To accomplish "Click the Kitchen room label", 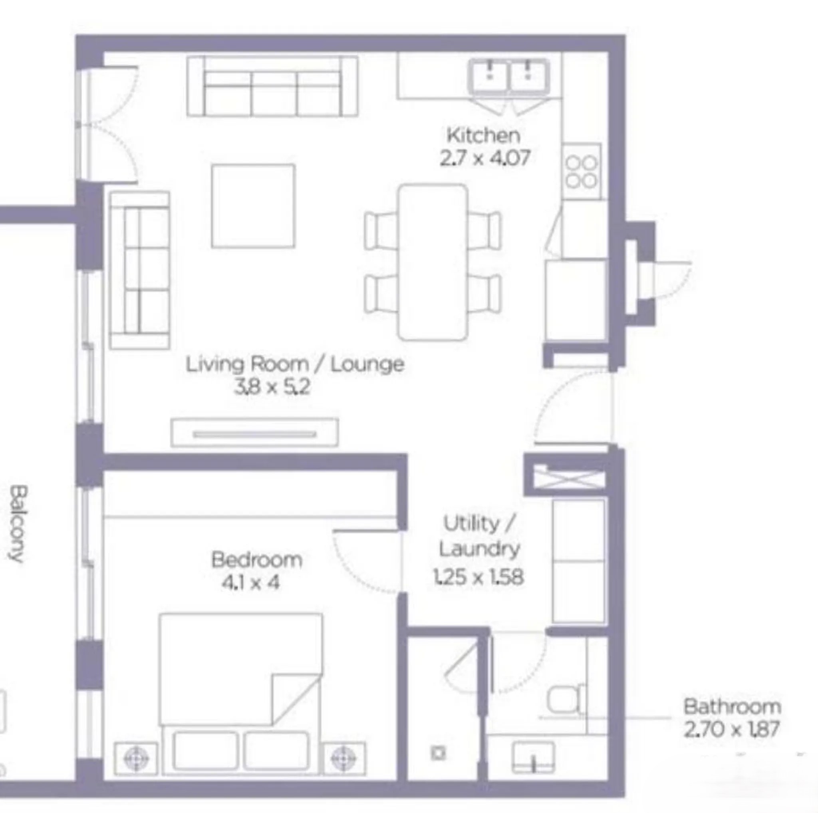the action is point(484,135).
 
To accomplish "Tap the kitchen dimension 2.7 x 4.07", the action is point(485,158).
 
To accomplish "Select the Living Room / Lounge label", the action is point(295,364).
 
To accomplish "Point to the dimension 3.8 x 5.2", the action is point(272,387).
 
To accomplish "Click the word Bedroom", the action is point(256,560).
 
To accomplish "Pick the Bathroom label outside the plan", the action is point(732,707).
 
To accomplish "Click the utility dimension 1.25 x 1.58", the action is point(478,577).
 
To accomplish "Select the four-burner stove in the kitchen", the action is point(582,171).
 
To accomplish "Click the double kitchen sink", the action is point(508,77).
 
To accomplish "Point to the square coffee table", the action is point(253,206).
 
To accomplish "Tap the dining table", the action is point(433,262).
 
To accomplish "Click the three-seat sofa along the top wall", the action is point(272,86).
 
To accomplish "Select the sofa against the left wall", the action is point(139,270).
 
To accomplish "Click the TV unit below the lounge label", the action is point(254,433).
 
